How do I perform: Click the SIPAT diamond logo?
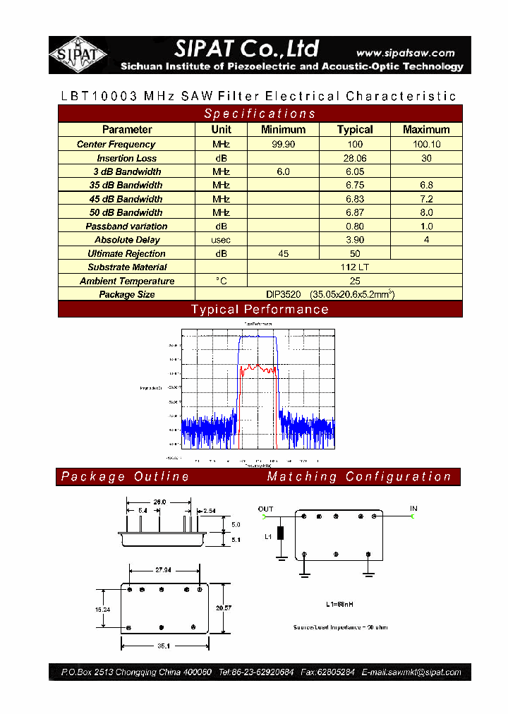click(x=78, y=54)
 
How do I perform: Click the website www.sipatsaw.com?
click(x=405, y=53)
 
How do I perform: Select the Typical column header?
click(x=355, y=129)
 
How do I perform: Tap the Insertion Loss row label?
click(x=127, y=158)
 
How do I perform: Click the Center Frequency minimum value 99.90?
click(x=283, y=144)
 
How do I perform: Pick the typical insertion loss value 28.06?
click(x=355, y=158)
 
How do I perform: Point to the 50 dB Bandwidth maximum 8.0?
click(x=426, y=212)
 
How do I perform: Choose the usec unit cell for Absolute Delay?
click(x=222, y=240)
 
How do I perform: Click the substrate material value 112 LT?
click(x=355, y=267)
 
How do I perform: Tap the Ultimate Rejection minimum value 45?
click(x=283, y=253)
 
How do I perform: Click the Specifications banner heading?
click(x=260, y=114)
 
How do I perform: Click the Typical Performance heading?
click(x=260, y=309)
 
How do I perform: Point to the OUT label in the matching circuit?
click(x=265, y=509)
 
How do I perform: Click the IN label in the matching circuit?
click(x=413, y=508)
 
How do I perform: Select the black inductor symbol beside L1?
click(x=281, y=533)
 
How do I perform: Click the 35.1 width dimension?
click(x=163, y=645)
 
